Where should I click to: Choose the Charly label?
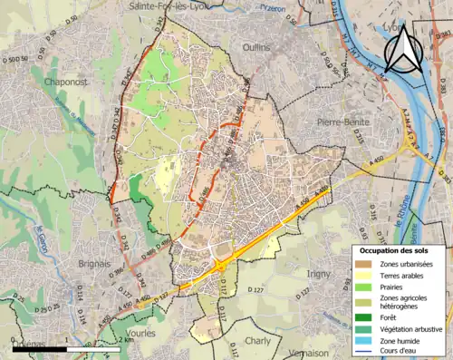(x=257, y=341)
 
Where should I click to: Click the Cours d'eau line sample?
(x=363, y=353)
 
